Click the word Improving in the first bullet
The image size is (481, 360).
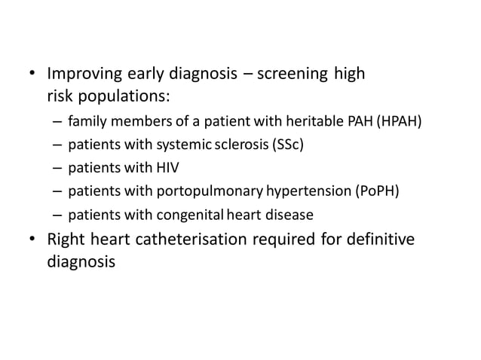coord(80,75)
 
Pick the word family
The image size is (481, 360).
coord(86,121)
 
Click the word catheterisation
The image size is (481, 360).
coord(179,240)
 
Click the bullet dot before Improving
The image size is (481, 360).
coord(32,75)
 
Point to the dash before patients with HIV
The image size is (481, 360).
coord(58,167)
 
